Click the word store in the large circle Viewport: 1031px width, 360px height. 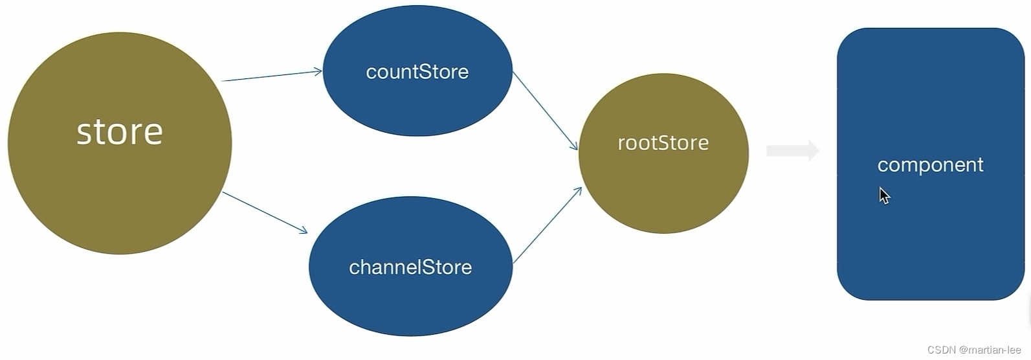tap(120, 132)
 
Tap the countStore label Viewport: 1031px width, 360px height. tap(417, 72)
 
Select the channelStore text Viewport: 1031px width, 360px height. tap(410, 267)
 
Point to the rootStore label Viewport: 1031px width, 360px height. tap(663, 142)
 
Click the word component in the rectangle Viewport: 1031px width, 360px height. tap(930, 165)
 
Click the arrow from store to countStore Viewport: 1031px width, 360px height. tap(272, 76)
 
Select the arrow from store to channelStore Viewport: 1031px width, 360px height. tap(264, 212)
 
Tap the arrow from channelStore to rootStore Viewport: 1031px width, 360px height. tap(547, 225)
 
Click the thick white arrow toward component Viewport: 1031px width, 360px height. tap(793, 151)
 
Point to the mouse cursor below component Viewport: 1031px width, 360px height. tap(884, 196)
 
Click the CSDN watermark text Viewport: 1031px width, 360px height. tap(941, 350)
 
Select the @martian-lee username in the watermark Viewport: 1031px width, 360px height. tap(990, 350)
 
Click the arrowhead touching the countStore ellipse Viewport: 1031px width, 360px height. tap(318, 71)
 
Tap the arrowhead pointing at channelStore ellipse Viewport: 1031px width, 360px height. tap(303, 230)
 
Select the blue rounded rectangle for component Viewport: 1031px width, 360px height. tap(930, 246)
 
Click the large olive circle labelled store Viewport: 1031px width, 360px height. tap(120, 194)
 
